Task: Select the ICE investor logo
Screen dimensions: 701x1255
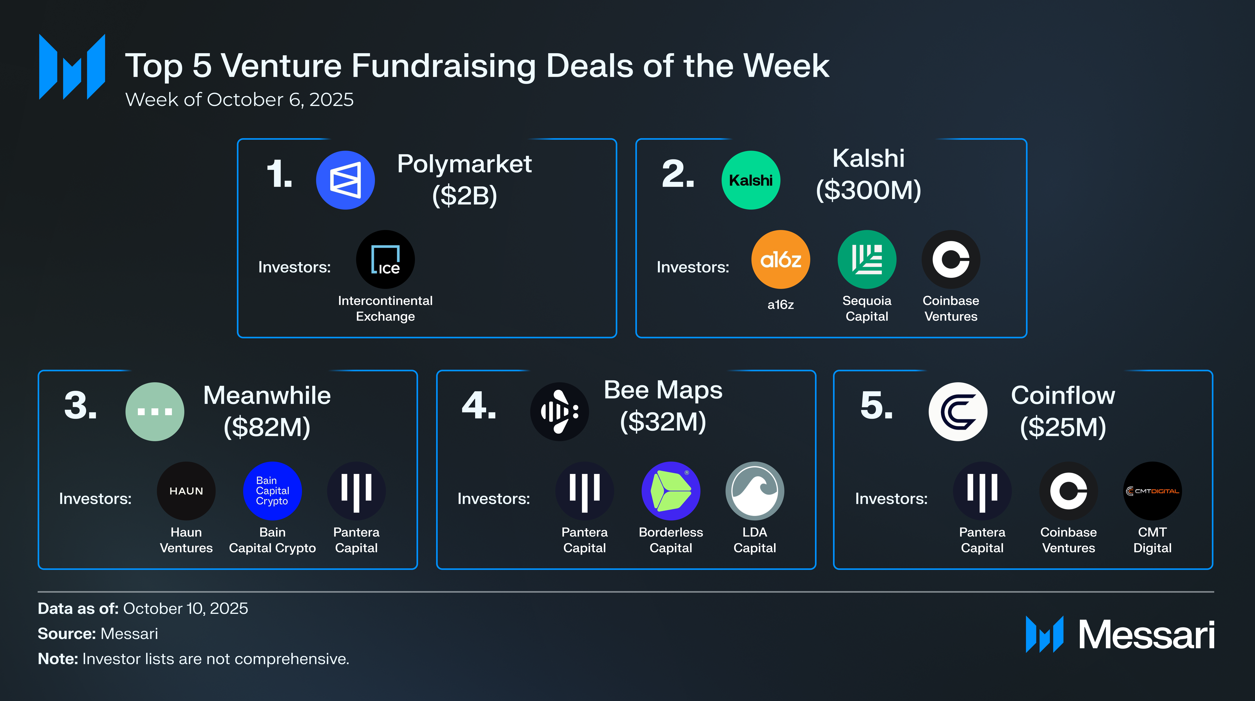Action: [385, 259]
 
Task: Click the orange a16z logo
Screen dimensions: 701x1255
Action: [780, 259]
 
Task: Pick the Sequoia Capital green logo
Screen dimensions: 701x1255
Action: [867, 259]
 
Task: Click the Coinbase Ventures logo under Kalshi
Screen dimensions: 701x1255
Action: [950, 259]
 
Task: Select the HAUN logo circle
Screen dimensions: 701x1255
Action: [186, 491]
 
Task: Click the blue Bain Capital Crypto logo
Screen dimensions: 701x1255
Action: [272, 491]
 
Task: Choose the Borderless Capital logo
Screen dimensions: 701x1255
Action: [671, 491]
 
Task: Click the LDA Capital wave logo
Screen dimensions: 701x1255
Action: [755, 491]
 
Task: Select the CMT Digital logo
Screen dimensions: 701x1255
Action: [1152, 491]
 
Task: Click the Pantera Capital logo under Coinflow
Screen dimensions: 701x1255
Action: [982, 491]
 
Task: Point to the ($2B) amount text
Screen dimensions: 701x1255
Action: [464, 195]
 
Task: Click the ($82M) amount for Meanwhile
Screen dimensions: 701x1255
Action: [267, 427]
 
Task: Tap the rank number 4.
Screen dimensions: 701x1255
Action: [478, 406]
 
